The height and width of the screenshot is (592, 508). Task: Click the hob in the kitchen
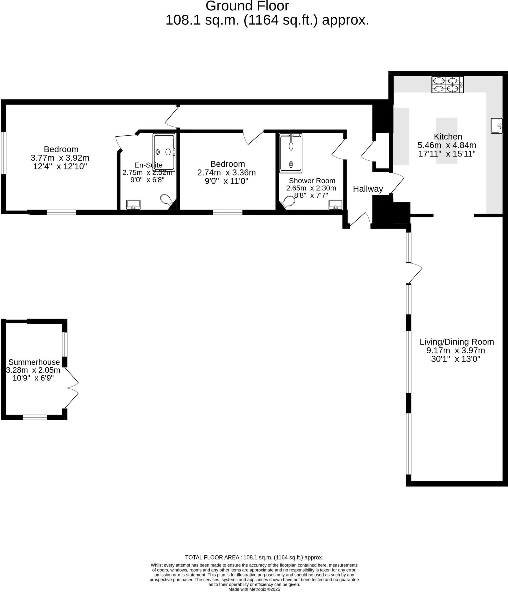tap(447, 84)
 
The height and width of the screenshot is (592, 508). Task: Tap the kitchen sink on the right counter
tap(496, 126)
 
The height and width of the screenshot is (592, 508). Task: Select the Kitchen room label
tap(448, 136)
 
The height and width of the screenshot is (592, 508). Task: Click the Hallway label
tap(368, 189)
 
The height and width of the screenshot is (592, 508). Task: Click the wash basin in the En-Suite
tap(133, 204)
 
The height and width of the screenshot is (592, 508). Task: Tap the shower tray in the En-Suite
tap(164, 152)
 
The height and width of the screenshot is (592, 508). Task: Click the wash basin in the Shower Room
tap(335, 205)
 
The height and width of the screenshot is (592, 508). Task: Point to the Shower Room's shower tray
tap(291, 153)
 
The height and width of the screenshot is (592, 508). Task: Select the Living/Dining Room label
tap(457, 342)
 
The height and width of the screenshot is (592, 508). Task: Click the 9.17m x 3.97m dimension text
tap(455, 350)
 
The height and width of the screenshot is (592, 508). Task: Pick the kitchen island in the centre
tap(446, 141)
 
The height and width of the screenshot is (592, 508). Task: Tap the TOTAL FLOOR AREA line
tap(254, 557)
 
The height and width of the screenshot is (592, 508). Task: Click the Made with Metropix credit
tap(254, 589)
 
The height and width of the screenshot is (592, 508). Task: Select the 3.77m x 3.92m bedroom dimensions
tap(60, 158)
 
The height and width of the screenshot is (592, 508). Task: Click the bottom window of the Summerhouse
tap(35, 417)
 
